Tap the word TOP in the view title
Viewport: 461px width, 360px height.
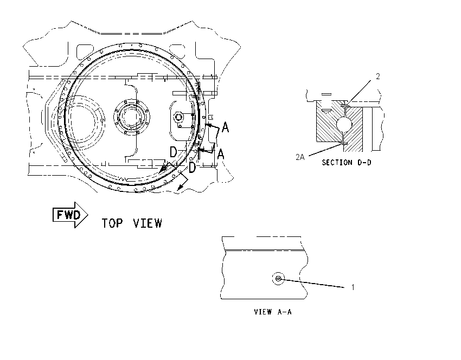pyautogui.click(x=112, y=223)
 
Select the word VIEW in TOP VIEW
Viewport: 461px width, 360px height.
pyautogui.click(x=148, y=223)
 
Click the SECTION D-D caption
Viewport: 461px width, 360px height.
pyautogui.click(x=347, y=163)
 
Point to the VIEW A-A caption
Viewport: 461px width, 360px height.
pyautogui.click(x=273, y=312)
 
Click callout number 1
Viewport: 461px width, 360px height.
pyautogui.click(x=353, y=287)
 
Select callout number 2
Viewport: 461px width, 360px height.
pyautogui.click(x=378, y=76)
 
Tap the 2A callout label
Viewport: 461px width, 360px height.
pyautogui.click(x=300, y=157)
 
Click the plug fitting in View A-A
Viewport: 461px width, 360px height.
pyautogui.click(x=278, y=278)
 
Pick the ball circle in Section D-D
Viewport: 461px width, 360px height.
pyautogui.click(x=344, y=124)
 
